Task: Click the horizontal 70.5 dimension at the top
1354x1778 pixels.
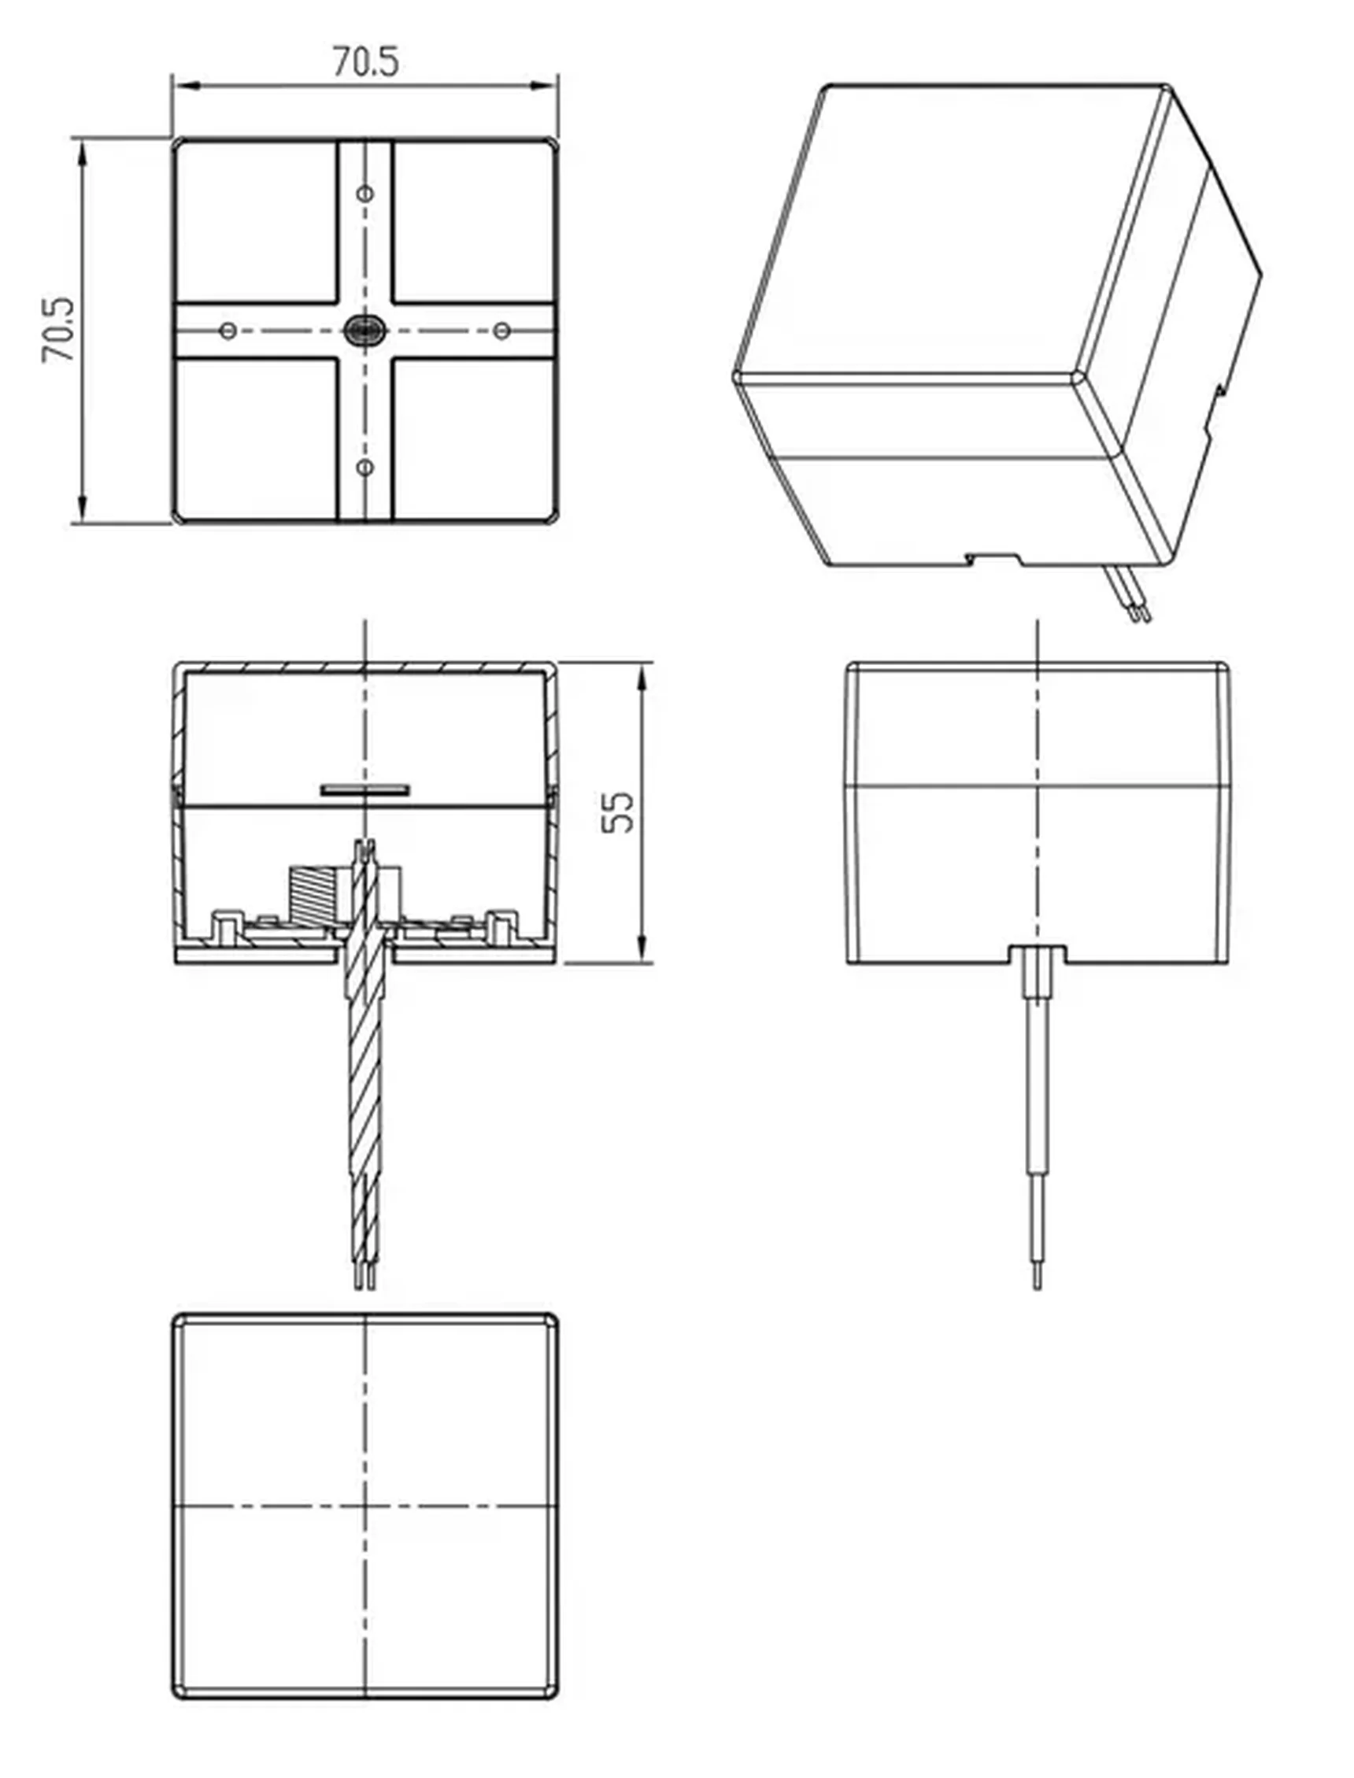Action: click(x=365, y=63)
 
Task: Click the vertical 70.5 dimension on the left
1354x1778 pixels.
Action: click(x=59, y=330)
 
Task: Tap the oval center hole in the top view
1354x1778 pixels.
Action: click(x=364, y=331)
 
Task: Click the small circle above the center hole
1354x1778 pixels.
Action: click(x=365, y=194)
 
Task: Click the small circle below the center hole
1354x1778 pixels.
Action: click(x=365, y=468)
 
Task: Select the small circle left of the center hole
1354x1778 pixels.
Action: click(x=228, y=331)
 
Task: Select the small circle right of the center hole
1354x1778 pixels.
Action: click(x=501, y=331)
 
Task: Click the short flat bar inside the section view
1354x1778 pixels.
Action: click(x=366, y=790)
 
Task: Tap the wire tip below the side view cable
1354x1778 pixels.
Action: click(x=1038, y=1274)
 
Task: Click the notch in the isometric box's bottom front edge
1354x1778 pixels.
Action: click(x=993, y=557)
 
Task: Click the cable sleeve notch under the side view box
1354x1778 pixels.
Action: click(x=1038, y=954)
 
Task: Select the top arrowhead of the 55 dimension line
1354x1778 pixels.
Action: click(x=642, y=677)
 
